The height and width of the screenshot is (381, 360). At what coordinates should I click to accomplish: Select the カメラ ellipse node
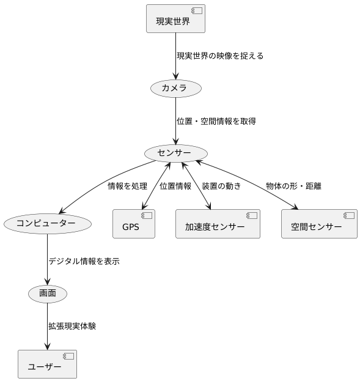pyautogui.click(x=175, y=89)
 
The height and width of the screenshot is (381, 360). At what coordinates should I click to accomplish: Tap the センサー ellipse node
pyautogui.click(x=175, y=152)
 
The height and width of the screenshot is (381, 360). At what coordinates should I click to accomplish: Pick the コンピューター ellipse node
pyautogui.click(x=47, y=224)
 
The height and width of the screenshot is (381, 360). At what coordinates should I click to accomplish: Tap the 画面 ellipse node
pyautogui.click(x=47, y=294)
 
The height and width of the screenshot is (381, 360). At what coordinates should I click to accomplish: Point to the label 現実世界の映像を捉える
pyautogui.click(x=220, y=56)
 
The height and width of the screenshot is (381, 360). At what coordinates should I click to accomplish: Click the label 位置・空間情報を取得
pyautogui.click(x=216, y=121)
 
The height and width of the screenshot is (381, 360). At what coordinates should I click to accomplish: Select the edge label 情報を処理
pyautogui.click(x=127, y=186)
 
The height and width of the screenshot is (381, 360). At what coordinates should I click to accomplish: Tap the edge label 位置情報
pyautogui.click(x=175, y=186)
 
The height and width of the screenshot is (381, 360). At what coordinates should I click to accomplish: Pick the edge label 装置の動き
pyautogui.click(x=221, y=186)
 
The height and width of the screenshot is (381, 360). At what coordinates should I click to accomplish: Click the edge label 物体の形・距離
pyautogui.click(x=294, y=186)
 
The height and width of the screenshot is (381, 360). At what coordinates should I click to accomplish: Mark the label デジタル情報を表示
pyautogui.click(x=84, y=261)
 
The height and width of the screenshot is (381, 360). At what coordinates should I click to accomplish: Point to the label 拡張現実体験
pyautogui.click(x=72, y=326)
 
